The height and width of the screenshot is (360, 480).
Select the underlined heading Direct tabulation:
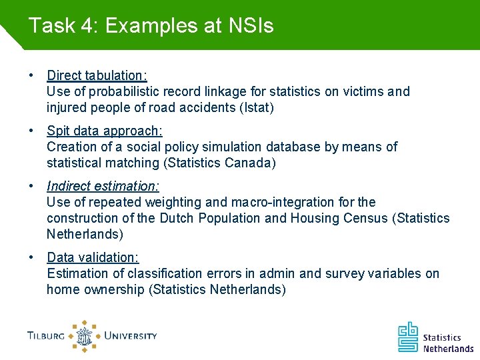(x=97, y=75)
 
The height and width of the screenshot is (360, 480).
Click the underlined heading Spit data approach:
(x=105, y=131)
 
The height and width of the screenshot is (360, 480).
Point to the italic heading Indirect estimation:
(x=103, y=187)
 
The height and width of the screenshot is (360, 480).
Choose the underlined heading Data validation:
(x=93, y=257)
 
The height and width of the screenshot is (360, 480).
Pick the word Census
(x=365, y=218)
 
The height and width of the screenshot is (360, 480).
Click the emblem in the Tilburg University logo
(x=84, y=336)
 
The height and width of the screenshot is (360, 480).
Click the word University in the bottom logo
(x=130, y=336)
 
